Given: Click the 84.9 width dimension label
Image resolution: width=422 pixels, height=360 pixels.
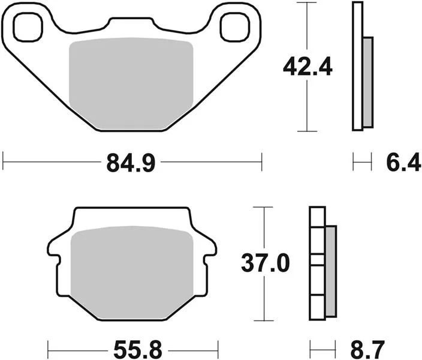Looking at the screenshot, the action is coord(131,163).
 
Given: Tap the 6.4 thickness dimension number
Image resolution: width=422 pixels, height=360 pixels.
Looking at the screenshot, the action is coord(403,163).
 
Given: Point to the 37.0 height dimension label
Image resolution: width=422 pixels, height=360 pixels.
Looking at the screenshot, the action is coord(266,263).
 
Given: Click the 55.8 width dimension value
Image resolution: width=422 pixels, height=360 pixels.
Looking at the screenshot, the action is coord(138,350).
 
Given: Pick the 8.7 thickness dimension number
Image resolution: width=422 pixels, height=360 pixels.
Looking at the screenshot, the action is coord(367,350).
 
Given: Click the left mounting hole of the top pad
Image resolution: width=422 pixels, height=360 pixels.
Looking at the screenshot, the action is coord(28,27).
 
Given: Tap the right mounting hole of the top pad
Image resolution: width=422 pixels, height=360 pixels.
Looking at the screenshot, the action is coord(234,27).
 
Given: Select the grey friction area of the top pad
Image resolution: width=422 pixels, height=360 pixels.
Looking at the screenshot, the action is coord(131,83).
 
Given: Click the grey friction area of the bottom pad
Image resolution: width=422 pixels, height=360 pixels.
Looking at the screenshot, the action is coord(132,272).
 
